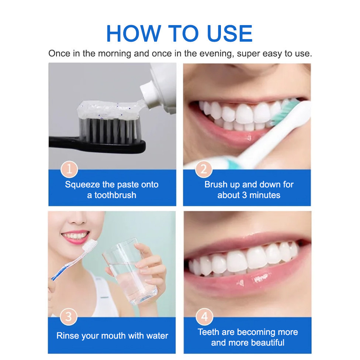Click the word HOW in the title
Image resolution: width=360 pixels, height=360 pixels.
point(134,34)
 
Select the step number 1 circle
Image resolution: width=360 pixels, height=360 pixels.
point(69,169)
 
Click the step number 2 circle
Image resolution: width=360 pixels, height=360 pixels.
point(204,169)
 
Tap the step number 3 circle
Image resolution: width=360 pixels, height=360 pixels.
point(69,317)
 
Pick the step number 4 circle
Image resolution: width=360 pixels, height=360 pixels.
point(204,317)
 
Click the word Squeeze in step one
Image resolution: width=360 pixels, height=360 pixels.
point(82,185)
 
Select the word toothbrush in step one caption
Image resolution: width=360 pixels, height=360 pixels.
point(115,195)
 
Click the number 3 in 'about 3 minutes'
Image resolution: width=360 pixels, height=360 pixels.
point(245,195)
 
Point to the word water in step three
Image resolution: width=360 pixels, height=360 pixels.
point(157,336)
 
